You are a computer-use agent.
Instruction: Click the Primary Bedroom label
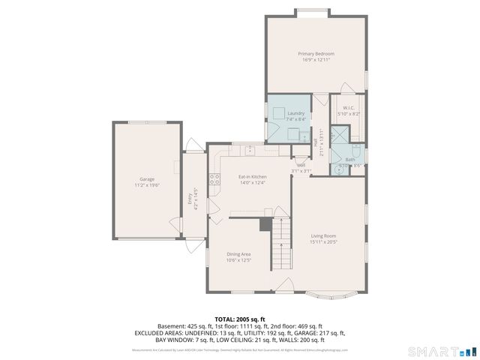pos(315,54)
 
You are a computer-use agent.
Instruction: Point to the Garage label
pos(146,179)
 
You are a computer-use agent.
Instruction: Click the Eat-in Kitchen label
pos(253,176)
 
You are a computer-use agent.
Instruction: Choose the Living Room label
pos(324,236)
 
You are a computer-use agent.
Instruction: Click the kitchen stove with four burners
pos(214,178)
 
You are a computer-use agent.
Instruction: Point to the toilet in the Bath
pos(355,149)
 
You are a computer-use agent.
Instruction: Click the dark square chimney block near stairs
pos(265,223)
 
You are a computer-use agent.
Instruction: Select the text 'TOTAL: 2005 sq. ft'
pos(239,319)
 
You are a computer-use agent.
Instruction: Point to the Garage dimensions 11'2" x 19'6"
pos(146,184)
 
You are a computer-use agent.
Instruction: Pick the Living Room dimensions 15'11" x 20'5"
pos(324,242)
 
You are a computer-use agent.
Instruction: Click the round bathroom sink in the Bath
pos(339,169)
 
